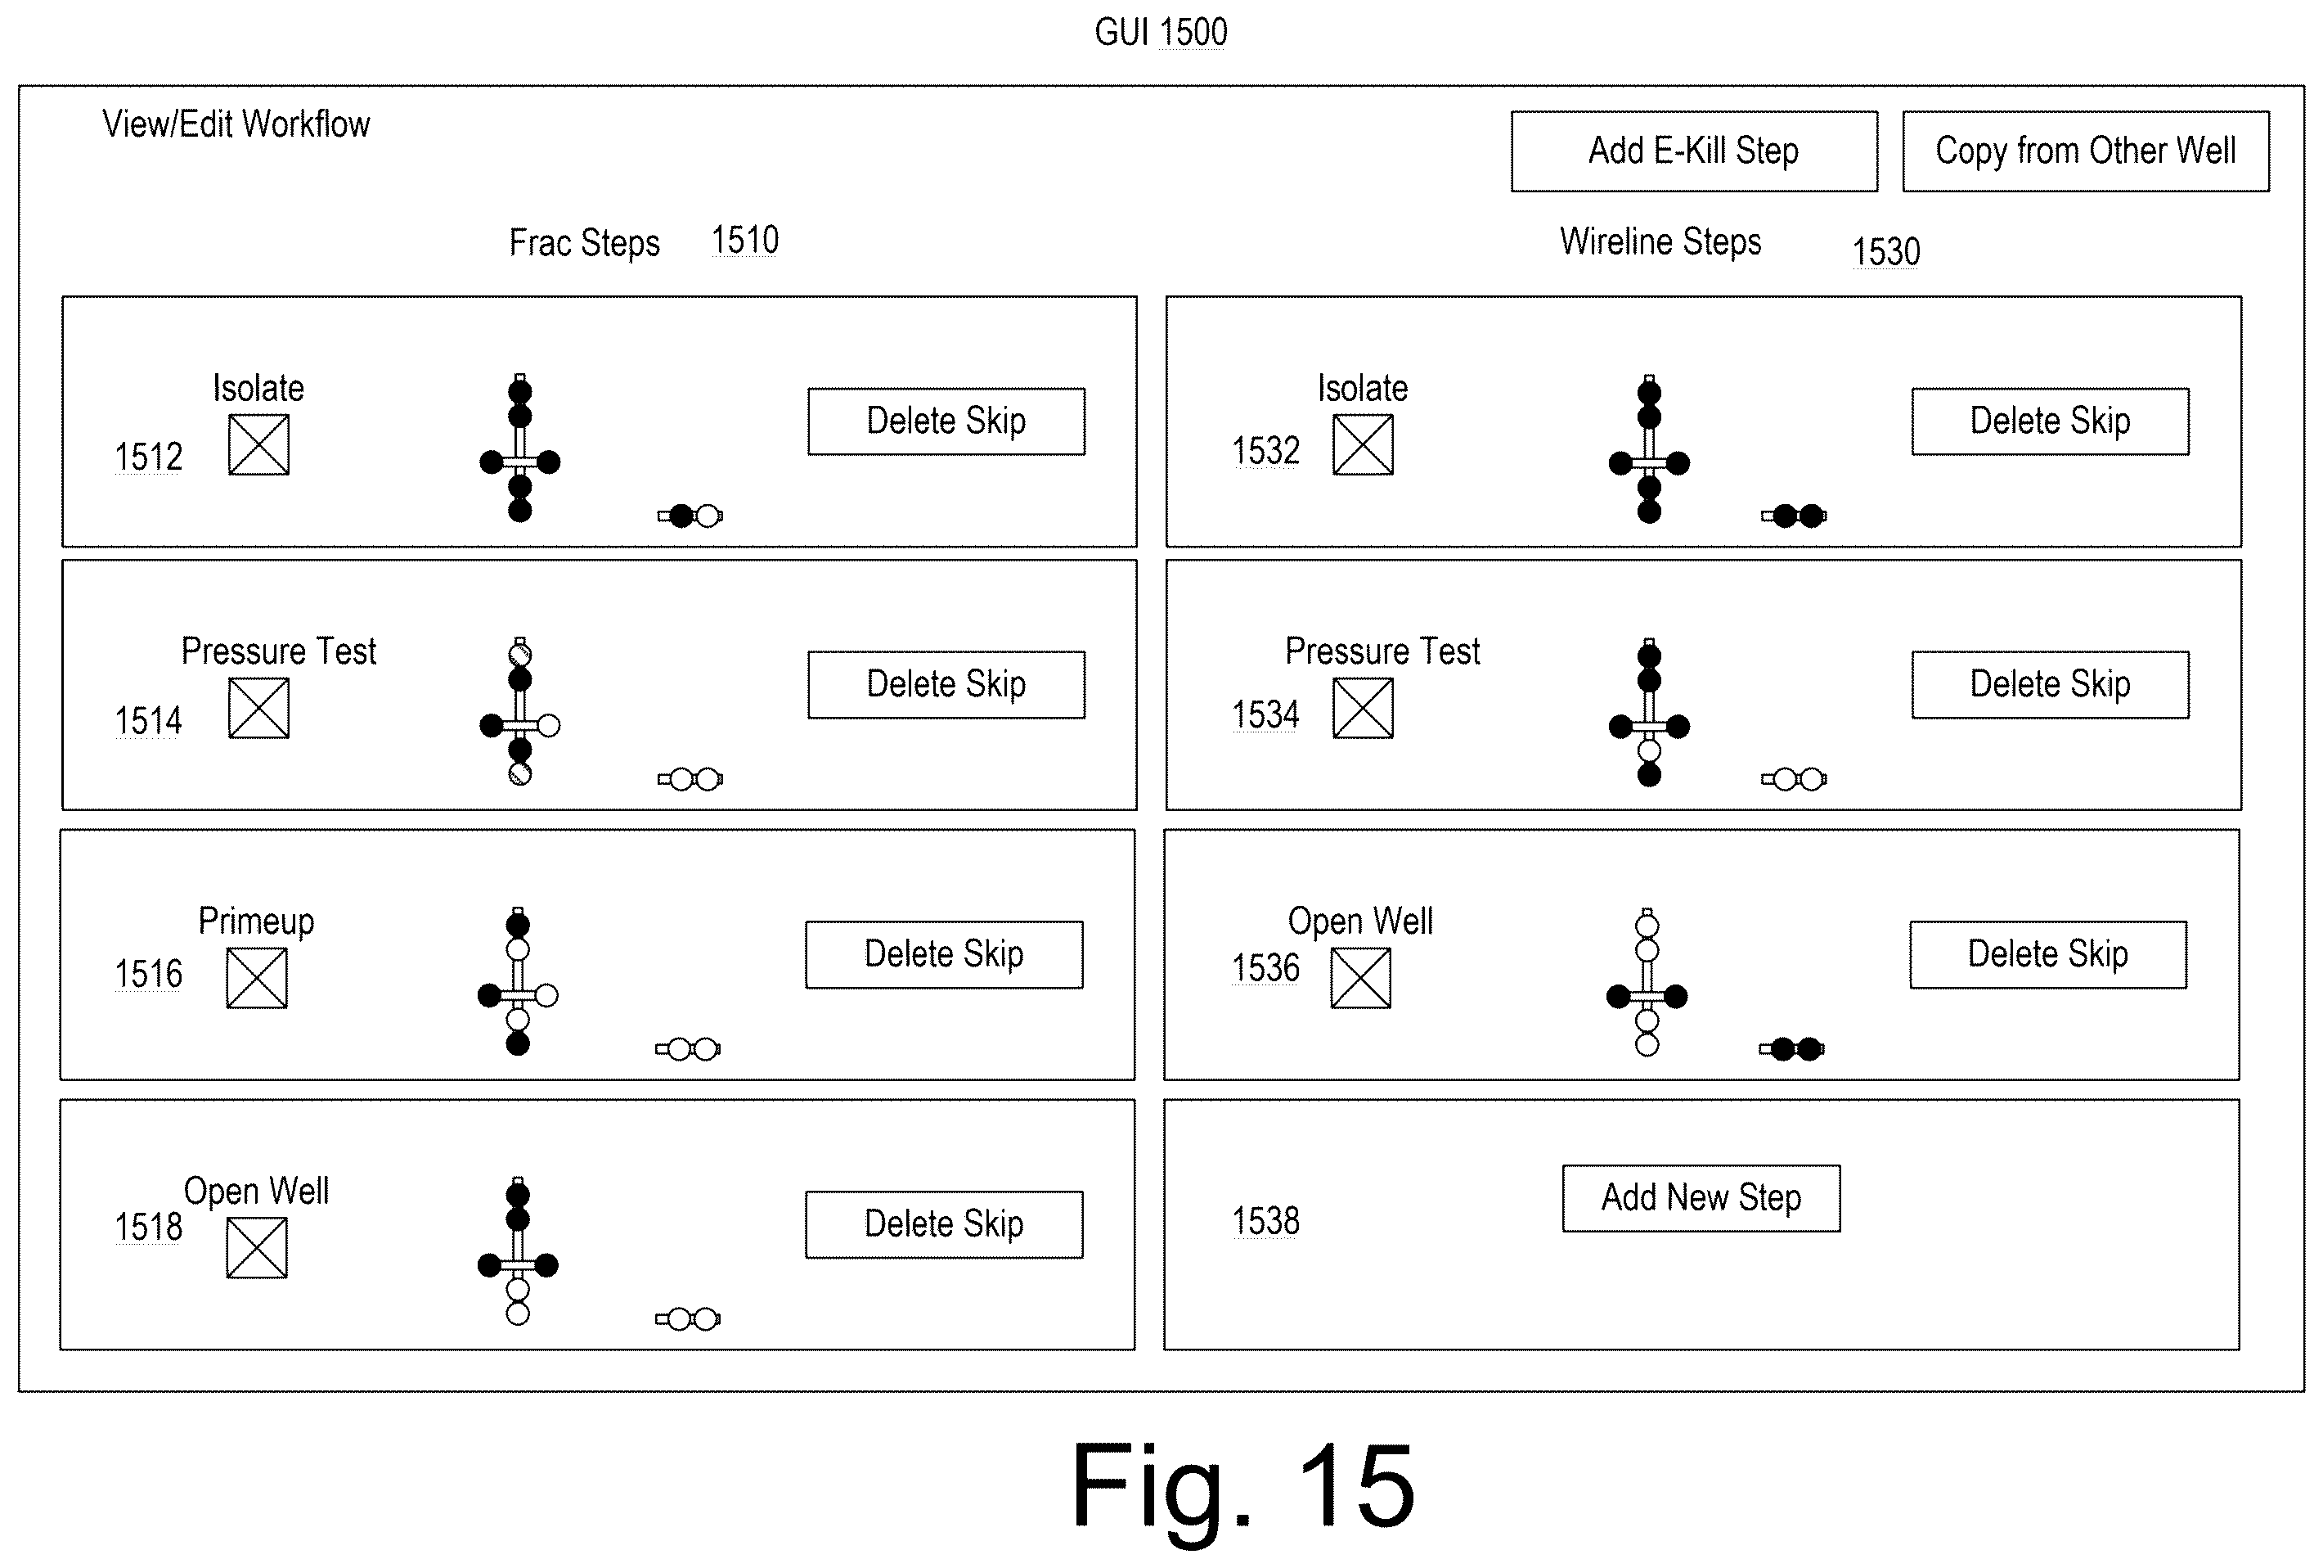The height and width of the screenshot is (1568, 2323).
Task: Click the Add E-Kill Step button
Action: pyautogui.click(x=1693, y=151)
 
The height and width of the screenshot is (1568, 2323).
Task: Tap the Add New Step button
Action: pyautogui.click(x=1701, y=1197)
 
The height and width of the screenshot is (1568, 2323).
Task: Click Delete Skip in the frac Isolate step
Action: pyautogui.click(x=946, y=421)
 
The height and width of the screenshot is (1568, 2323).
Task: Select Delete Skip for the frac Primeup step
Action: pyautogui.click(x=944, y=954)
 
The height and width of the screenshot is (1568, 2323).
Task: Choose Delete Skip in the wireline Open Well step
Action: pyautogui.click(x=2047, y=954)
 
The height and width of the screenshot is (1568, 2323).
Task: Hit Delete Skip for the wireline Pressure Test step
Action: pyautogui.click(x=2049, y=684)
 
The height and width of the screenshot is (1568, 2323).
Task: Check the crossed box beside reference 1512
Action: pyautogui.click(x=259, y=445)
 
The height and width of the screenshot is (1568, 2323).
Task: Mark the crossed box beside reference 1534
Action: pyautogui.click(x=1363, y=708)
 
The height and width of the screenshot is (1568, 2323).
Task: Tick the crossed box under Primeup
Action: pyautogui.click(x=257, y=978)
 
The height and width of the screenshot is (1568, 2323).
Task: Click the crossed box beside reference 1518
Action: pyautogui.click(x=257, y=1248)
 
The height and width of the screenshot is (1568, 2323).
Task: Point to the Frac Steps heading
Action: pyautogui.click(x=585, y=243)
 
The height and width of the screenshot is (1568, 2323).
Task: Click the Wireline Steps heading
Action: pyautogui.click(x=1660, y=242)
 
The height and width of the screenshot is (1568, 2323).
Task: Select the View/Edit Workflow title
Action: pyautogui.click(x=236, y=124)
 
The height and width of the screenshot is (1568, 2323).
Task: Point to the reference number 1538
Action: pyautogui.click(x=1265, y=1221)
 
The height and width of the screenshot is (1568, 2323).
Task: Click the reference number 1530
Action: pyautogui.click(x=1886, y=251)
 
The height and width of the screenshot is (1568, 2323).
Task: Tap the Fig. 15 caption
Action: pyautogui.click(x=1242, y=1486)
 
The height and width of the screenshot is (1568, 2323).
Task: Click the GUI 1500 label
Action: pyautogui.click(x=1161, y=32)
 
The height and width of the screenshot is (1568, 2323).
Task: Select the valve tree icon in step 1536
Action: pyautogui.click(x=1647, y=982)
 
